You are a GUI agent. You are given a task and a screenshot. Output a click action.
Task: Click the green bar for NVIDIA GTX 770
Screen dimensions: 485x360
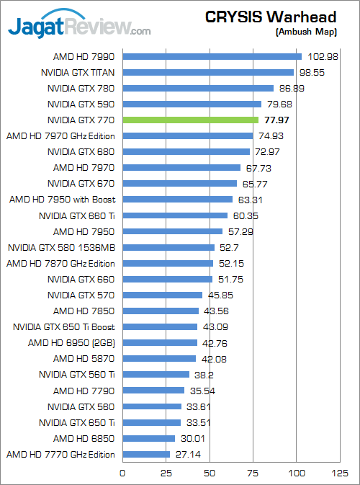(191, 120)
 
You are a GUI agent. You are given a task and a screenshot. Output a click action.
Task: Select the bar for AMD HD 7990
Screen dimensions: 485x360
(212, 56)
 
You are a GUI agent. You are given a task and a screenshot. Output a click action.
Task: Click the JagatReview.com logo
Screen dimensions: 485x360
(79, 27)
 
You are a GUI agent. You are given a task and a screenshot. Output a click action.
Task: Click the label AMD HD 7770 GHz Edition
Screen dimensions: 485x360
(60, 454)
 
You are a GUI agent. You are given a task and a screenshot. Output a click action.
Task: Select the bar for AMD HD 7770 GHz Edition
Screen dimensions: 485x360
(146, 454)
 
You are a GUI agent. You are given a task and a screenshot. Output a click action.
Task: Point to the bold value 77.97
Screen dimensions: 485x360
(278, 120)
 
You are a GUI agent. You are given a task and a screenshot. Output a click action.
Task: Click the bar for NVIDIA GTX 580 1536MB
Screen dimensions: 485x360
(168, 247)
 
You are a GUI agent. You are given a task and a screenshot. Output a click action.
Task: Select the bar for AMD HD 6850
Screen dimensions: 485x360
(149, 438)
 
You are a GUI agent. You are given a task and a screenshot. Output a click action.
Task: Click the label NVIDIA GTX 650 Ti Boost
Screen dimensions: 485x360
(64, 326)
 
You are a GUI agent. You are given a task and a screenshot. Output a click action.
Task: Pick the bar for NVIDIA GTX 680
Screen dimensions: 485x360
(186, 151)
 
